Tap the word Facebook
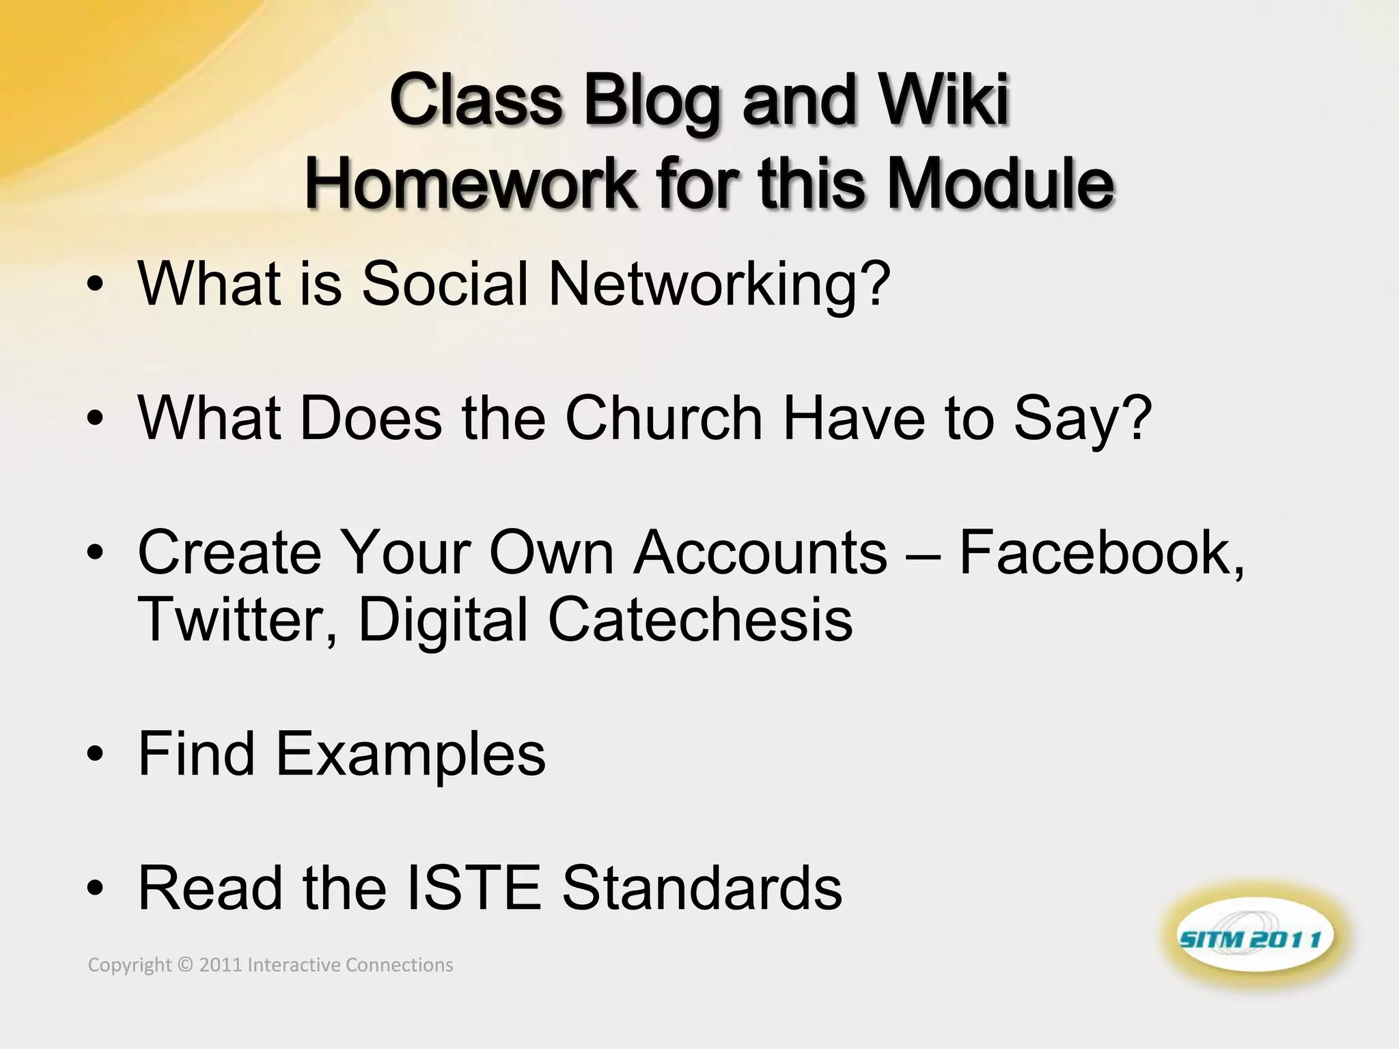[x=1101, y=552]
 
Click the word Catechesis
[x=700, y=619]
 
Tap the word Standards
[x=702, y=887]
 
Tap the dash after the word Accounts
[x=923, y=553]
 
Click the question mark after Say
[x=1136, y=417]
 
